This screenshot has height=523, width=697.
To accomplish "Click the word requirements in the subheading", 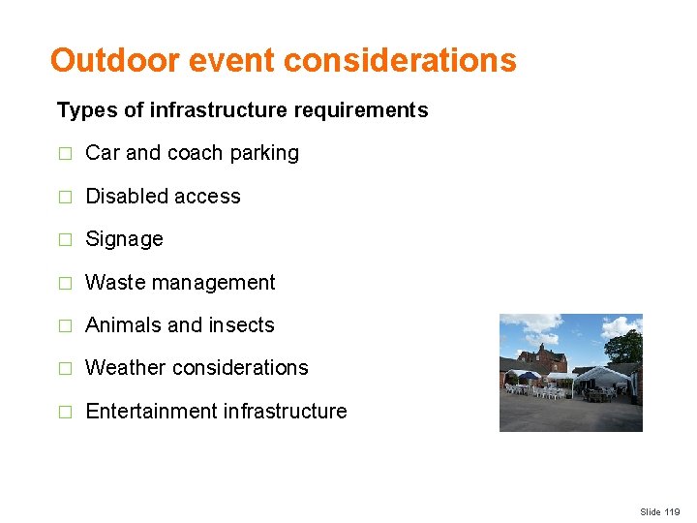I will [x=369, y=110].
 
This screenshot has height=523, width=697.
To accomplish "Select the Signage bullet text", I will [x=124, y=239].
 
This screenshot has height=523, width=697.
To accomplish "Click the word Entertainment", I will [x=151, y=412].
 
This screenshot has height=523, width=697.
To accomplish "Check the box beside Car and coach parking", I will [x=65, y=154].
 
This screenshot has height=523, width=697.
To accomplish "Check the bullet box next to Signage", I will [x=65, y=240].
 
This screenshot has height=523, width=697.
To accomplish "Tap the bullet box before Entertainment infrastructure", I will [x=65, y=413].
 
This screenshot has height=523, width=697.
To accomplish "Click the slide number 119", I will [x=671, y=511].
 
